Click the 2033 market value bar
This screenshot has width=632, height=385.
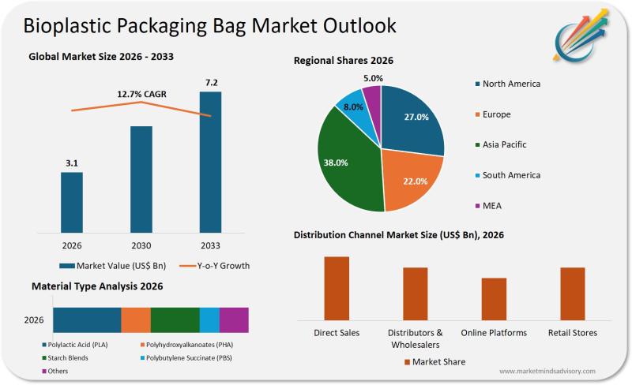210,162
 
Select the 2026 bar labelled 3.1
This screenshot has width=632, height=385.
72,202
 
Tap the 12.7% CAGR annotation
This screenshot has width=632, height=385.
142,95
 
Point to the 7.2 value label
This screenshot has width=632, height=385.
210,82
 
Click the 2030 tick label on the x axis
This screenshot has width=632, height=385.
141,245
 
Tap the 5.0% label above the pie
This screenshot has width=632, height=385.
374,78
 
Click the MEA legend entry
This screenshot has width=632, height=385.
492,205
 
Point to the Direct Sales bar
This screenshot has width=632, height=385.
337,288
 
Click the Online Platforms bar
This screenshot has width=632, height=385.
494,299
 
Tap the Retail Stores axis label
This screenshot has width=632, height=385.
573,333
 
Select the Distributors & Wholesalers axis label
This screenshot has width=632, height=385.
415,338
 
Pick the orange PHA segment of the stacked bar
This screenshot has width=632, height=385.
136,320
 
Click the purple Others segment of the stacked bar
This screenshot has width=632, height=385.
234,320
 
